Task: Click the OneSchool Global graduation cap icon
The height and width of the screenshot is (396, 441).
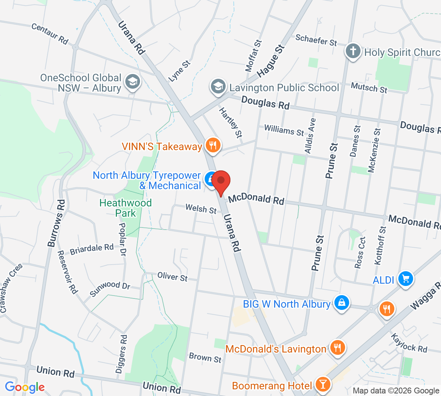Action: (132, 82)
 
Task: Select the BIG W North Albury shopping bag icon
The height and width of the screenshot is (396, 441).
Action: (341, 303)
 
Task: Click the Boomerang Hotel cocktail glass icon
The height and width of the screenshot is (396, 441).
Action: (323, 385)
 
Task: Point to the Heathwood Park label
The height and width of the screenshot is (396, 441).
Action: (126, 208)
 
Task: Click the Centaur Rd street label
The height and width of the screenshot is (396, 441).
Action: (50, 34)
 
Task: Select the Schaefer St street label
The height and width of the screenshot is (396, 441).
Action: (316, 40)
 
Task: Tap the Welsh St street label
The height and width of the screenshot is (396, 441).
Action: (201, 209)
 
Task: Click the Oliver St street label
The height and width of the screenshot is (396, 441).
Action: (172, 276)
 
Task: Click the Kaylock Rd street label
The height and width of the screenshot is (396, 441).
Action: (409, 343)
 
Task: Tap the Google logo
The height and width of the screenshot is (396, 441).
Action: (25, 387)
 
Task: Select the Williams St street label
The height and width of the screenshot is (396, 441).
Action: (284, 130)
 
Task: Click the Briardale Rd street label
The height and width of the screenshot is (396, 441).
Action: (92, 249)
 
